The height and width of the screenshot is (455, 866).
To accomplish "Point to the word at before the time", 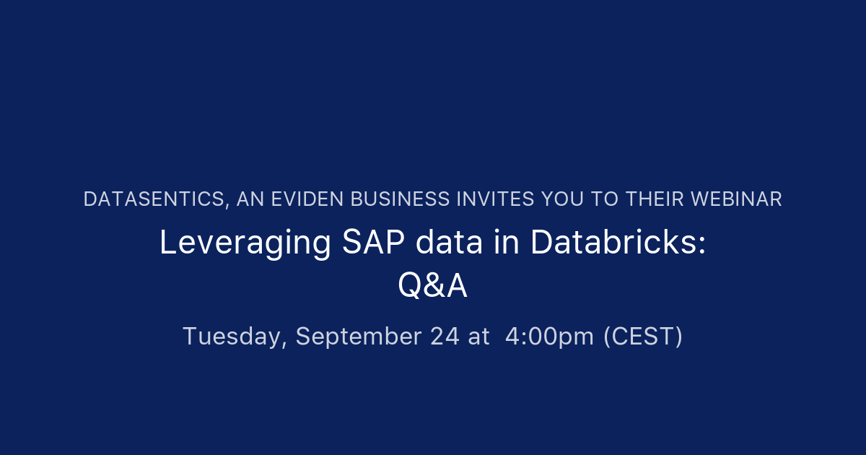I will pyautogui.click(x=478, y=337).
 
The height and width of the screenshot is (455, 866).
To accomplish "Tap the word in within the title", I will pyautogui.click(x=507, y=243).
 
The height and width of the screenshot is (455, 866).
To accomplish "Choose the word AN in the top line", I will pyautogui.click(x=250, y=199).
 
